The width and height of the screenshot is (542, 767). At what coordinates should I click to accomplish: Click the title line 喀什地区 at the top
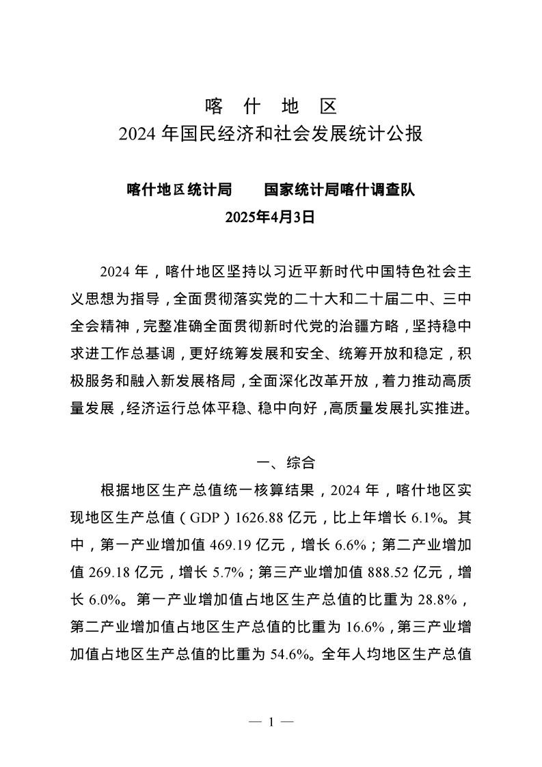point(271,107)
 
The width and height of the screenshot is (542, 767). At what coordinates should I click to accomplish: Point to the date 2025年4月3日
point(270,217)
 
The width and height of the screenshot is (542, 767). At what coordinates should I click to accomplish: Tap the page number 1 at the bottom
point(271,722)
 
